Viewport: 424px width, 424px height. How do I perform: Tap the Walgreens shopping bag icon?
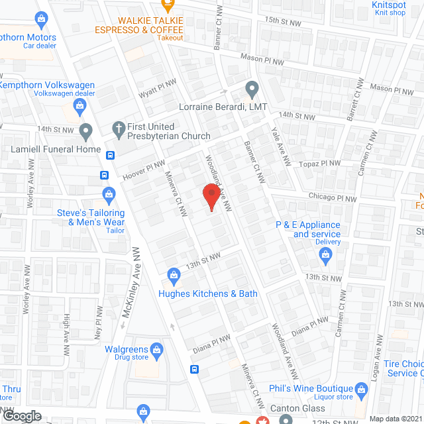(x=156, y=348)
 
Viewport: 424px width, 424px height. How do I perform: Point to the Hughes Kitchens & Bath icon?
(x=173, y=274)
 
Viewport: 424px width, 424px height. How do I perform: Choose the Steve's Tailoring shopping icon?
(x=109, y=194)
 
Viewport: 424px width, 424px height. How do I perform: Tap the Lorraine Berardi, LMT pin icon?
(x=252, y=88)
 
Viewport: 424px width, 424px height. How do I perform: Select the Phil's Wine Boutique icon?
(x=362, y=389)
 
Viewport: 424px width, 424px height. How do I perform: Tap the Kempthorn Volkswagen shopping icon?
(x=79, y=105)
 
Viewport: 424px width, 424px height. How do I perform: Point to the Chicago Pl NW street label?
(x=333, y=197)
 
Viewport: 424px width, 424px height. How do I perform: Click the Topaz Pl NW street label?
(x=321, y=163)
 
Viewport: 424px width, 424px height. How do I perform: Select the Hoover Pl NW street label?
(x=143, y=170)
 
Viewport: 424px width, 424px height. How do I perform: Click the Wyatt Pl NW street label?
(x=157, y=89)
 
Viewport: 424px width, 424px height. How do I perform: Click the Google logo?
(x=21, y=415)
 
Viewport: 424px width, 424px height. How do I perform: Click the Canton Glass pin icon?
(x=286, y=419)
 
